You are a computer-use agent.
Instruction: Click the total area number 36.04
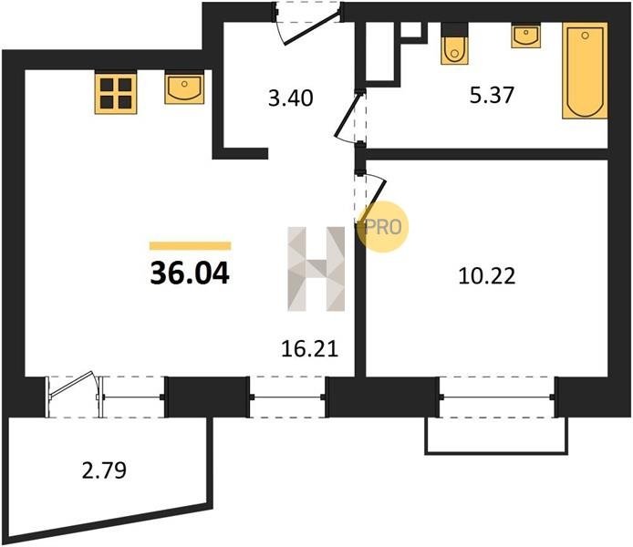click(x=190, y=273)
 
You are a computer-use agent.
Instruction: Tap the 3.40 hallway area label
click(x=291, y=98)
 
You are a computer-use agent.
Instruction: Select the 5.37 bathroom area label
click(x=492, y=96)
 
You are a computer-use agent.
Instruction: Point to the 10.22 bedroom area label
click(x=487, y=277)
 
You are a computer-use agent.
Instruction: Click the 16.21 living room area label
click(x=309, y=349)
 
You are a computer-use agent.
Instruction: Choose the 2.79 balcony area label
click(x=104, y=470)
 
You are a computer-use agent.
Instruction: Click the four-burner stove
click(x=116, y=92)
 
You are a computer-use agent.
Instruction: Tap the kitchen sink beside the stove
click(x=184, y=88)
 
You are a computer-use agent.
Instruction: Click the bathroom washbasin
click(x=526, y=36)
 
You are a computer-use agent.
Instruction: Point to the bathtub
click(x=585, y=70)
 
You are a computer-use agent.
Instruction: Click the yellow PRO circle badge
click(x=383, y=227)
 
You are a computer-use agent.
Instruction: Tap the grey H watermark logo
click(x=316, y=269)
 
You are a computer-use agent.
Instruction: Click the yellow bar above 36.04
click(x=190, y=245)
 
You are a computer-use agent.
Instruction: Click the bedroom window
click(x=497, y=397)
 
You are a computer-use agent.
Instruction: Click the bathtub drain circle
click(x=585, y=35)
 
